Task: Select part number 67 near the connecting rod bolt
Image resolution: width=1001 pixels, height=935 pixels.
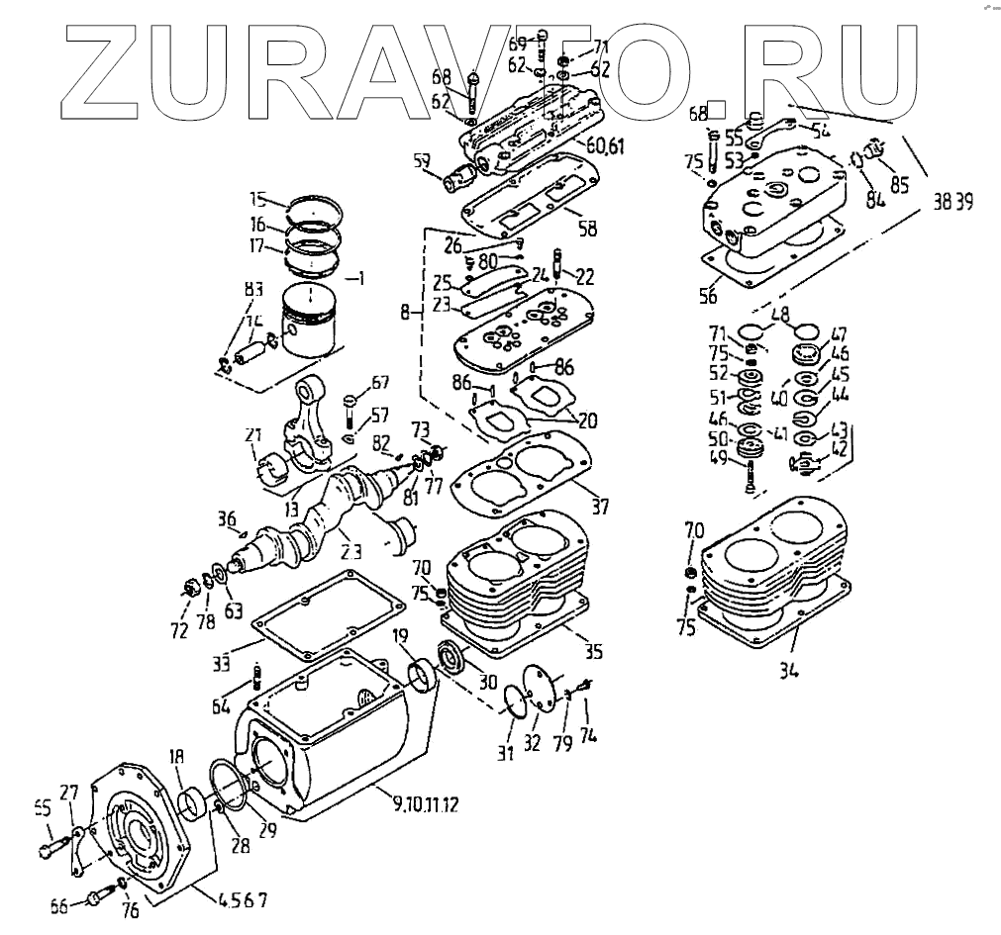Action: (x=380, y=383)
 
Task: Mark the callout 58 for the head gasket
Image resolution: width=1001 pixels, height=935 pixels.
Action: (x=587, y=230)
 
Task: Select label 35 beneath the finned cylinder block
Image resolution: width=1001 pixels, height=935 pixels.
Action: (x=594, y=652)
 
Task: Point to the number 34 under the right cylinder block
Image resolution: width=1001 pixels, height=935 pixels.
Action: (x=788, y=672)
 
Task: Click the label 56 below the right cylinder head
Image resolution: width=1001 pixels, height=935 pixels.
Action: (x=709, y=295)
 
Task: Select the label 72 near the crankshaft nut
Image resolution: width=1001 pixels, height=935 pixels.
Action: (x=178, y=630)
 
